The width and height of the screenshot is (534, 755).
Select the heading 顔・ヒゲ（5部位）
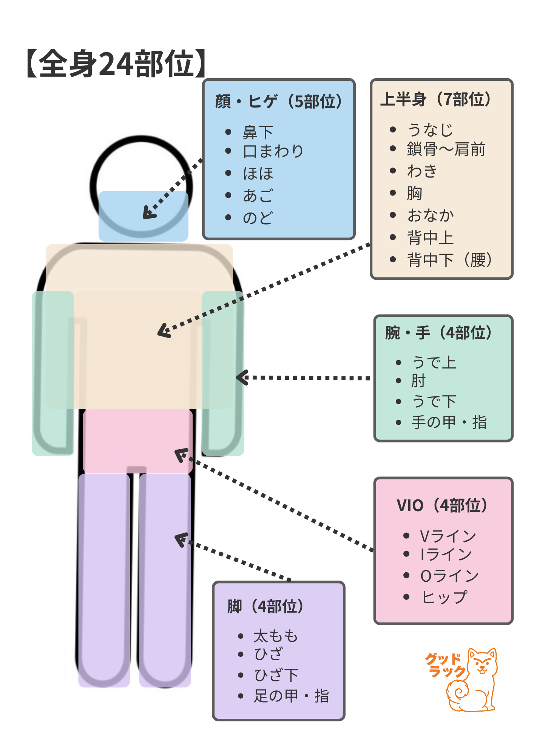279,102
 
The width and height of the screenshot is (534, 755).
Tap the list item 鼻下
258,132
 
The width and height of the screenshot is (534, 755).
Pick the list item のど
258,218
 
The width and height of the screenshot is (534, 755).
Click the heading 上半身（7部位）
436,99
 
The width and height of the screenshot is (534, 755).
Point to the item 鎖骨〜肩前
446,149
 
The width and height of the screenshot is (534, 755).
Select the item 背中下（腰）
449,260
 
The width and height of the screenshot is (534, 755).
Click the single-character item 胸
414,193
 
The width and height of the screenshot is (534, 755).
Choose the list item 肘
418,381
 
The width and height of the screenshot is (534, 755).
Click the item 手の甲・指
449,422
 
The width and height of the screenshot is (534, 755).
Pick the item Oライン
449,576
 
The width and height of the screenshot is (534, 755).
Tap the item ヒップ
444,597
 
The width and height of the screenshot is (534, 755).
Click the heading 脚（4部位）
266,607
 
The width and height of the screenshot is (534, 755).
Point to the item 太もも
276,636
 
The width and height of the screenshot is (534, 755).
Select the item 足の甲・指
291,696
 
